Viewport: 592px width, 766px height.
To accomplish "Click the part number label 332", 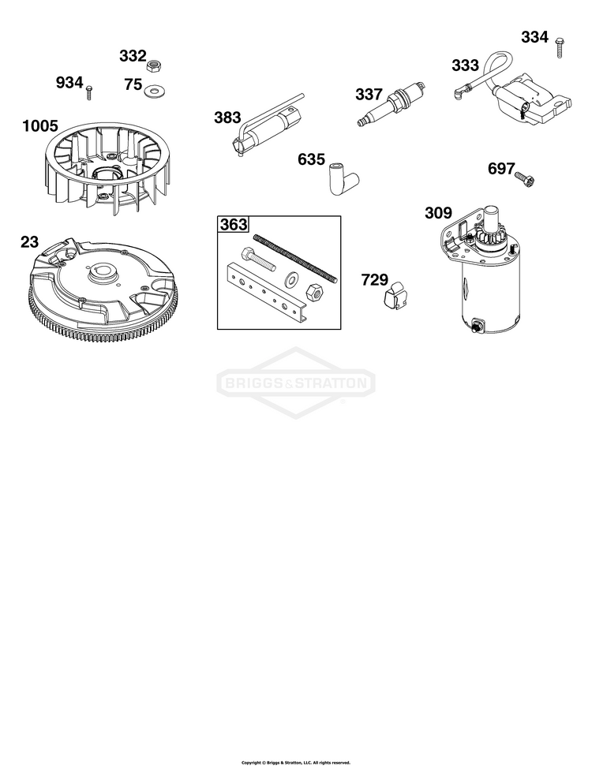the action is [133, 56].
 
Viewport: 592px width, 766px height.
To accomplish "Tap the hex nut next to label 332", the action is [155, 64].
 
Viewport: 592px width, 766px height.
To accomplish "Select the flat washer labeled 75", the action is [155, 91].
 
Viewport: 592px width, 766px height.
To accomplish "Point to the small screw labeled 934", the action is [89, 92].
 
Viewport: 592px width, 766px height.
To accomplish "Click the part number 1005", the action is [40, 126].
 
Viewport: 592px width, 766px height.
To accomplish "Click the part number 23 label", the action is [29, 242].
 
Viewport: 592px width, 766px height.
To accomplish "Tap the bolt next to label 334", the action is [560, 47].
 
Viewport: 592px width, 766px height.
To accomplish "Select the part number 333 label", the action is [465, 65].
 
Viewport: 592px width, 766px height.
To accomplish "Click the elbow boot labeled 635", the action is [344, 178].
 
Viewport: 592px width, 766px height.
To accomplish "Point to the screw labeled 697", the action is [526, 180].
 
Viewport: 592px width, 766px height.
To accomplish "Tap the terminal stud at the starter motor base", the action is [476, 326].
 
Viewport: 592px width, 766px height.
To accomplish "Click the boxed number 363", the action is [234, 225].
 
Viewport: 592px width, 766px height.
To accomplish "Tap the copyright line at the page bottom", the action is [296, 762].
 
